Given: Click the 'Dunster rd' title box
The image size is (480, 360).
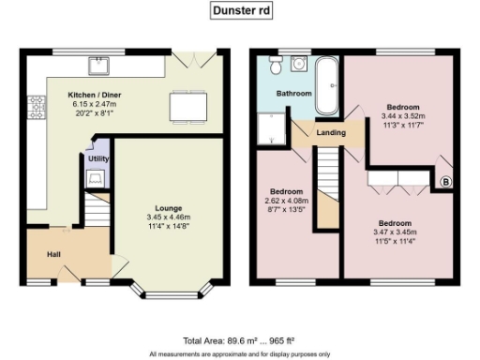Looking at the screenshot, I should tap(240, 12).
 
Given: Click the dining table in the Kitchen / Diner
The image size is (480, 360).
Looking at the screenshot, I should tap(186, 106).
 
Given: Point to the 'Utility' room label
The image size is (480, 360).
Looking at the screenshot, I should tap(98, 159).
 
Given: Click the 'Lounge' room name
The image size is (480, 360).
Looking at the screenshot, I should tap(169, 207).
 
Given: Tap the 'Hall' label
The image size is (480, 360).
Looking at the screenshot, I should tap(55, 253).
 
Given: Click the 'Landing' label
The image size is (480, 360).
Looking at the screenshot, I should tap(330, 132).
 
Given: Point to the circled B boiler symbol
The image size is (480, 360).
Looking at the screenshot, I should tap(445, 181).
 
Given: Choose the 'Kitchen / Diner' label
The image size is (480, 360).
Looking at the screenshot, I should tap(93, 95).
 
